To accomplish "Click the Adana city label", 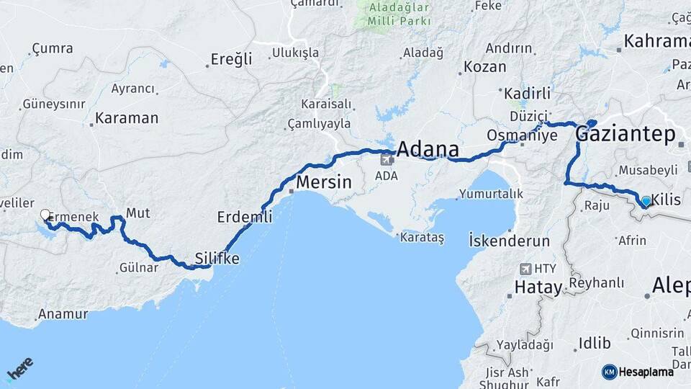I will click(428, 150).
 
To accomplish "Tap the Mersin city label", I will click(324, 182).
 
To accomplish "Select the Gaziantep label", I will click(625, 135).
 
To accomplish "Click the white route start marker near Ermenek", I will click(45, 215).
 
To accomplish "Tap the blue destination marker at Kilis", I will click(646, 201).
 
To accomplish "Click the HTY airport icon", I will click(524, 269).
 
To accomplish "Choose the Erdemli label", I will click(245, 216).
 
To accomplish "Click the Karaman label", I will click(127, 118).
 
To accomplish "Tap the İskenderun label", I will click(509, 241).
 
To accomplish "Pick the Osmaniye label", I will click(512, 135).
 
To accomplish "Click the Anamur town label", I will click(63, 314).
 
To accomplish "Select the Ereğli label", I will click(231, 59).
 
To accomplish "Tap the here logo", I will click(19, 370).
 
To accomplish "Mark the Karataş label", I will click(423, 237).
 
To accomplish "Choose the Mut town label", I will click(137, 213).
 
